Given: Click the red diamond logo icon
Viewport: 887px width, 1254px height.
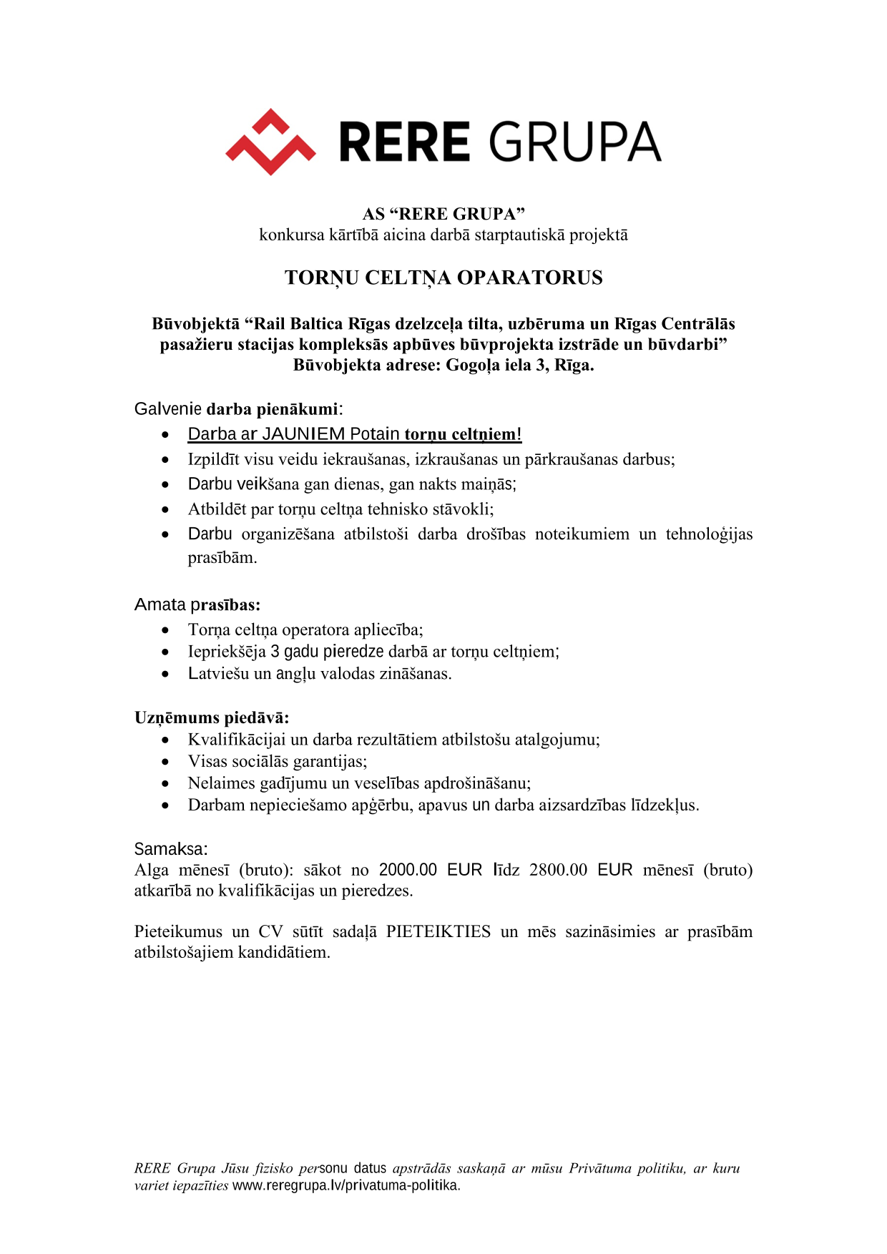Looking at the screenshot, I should pyautogui.click(x=270, y=142).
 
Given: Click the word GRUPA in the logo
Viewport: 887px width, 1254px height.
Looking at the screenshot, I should pyautogui.click(x=574, y=142).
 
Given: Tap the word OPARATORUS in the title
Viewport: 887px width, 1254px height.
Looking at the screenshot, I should pyautogui.click(x=529, y=278).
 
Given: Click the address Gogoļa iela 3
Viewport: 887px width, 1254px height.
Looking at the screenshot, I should pyautogui.click(x=494, y=366).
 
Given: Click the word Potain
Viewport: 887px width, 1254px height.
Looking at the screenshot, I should pyautogui.click(x=375, y=434).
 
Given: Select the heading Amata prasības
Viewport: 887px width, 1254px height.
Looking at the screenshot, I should pyautogui.click(x=197, y=605).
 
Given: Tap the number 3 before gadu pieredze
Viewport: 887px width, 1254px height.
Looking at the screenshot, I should pyautogui.click(x=275, y=652).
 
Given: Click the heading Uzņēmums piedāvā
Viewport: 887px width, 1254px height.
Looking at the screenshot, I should pyautogui.click(x=212, y=717).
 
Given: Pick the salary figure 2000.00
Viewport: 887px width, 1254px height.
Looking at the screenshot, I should pyautogui.click(x=408, y=870).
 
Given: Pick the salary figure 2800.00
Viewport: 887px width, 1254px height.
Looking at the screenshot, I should pyautogui.click(x=558, y=870).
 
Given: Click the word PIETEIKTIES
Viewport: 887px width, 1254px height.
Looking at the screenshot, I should pyautogui.click(x=438, y=931).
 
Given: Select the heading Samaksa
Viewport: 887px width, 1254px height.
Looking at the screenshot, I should pyautogui.click(x=171, y=849).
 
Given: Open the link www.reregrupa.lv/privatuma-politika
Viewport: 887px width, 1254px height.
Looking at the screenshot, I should pyautogui.click(x=346, y=1185).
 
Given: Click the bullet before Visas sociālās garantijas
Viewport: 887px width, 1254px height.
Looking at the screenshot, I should pyautogui.click(x=165, y=762).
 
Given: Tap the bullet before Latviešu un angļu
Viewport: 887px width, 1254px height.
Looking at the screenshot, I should pyautogui.click(x=165, y=674).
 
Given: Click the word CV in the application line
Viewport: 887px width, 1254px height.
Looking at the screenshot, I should pyautogui.click(x=270, y=931).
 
